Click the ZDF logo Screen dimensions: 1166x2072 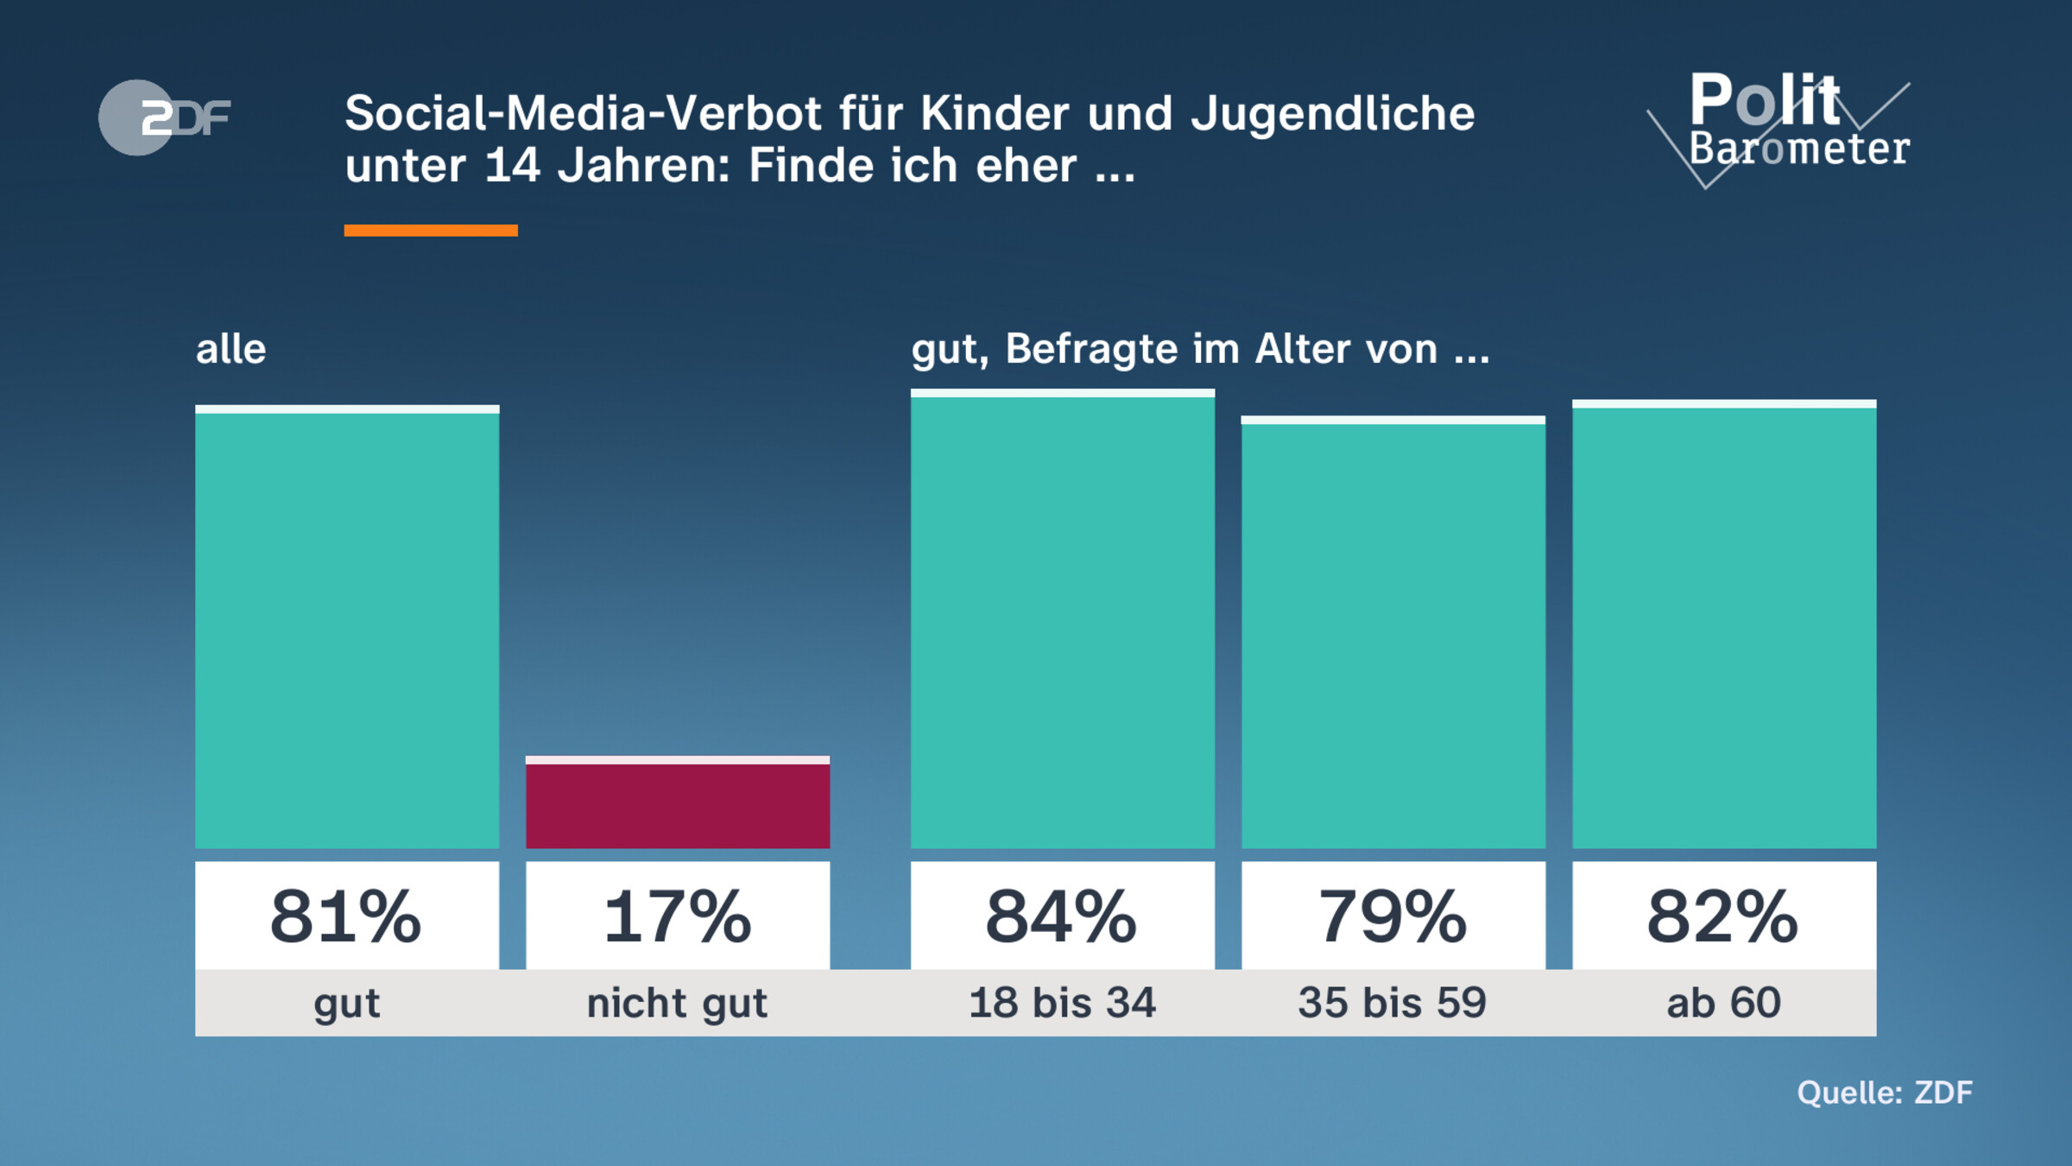coord(164,117)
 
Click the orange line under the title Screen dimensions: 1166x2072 coord(431,231)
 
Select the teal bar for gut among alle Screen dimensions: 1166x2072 coord(347,628)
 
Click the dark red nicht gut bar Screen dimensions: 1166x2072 coord(678,804)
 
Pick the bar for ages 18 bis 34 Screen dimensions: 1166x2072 coord(1063,620)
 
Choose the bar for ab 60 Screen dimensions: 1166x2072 coord(1724,625)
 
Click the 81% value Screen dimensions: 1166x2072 coord(346,916)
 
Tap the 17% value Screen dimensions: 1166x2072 coord(678,916)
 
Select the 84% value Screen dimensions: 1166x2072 coord(1062,916)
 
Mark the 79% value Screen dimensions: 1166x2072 coord(1393,916)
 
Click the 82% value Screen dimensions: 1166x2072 coord(1723,916)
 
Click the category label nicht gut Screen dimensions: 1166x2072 coord(678,1004)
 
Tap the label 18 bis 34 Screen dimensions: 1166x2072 coord(1062,1003)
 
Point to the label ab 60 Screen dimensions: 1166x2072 coord(1723,1003)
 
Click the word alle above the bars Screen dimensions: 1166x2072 coord(231,350)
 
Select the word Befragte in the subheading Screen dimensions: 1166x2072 coord(1092,350)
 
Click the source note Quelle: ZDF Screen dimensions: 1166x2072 coord(1885,1093)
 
